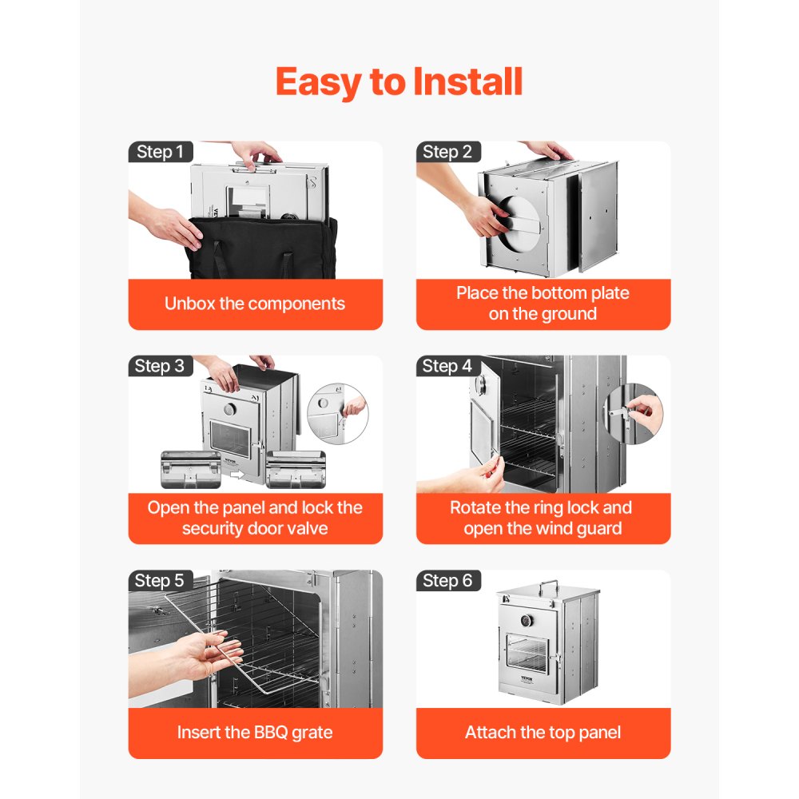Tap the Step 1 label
pyautogui.click(x=160, y=152)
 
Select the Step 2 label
pyautogui.click(x=447, y=152)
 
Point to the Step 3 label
pyautogui.click(x=160, y=366)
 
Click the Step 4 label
pyautogui.click(x=447, y=366)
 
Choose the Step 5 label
pyautogui.click(x=160, y=581)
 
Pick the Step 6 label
pyautogui.click(x=447, y=581)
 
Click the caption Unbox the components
pyautogui.click(x=255, y=304)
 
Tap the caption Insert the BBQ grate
pyautogui.click(x=255, y=732)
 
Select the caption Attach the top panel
pyautogui.click(x=543, y=732)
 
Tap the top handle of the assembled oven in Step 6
pyautogui.click(x=547, y=585)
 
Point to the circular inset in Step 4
pyautogui.click(x=633, y=411)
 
